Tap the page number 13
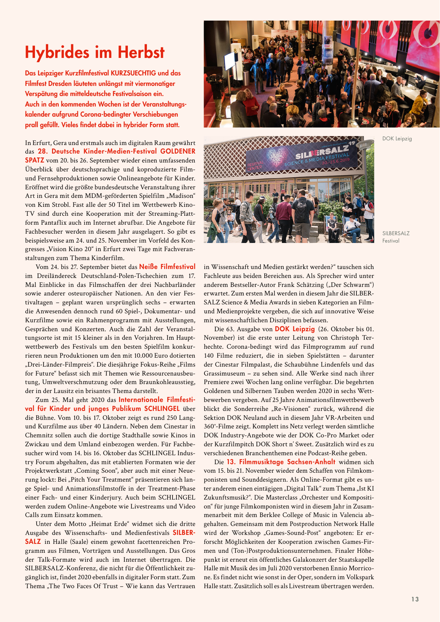point(415,599)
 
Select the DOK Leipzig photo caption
point(397,139)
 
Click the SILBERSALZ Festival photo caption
point(396,237)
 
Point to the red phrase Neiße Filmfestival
point(167,267)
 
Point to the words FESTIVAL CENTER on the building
point(255,166)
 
